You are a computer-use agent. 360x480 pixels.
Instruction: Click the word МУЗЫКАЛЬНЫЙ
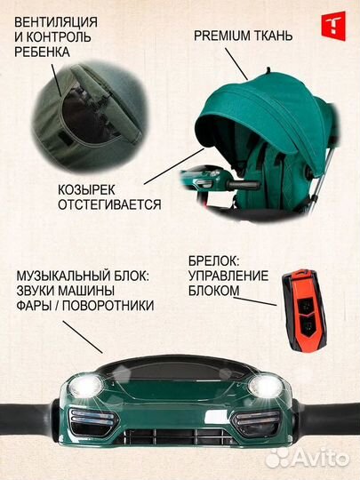pyautogui.click(x=58, y=274)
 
